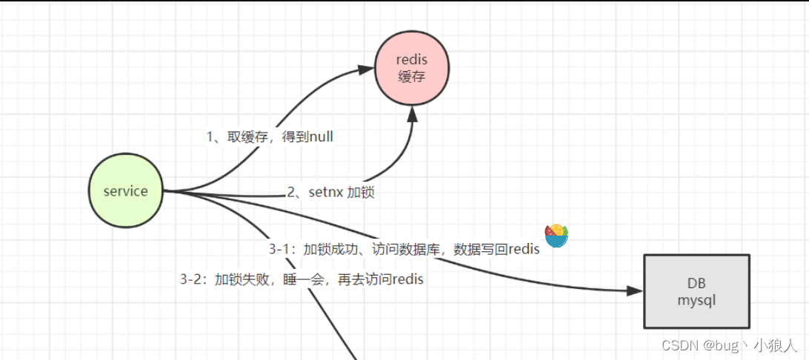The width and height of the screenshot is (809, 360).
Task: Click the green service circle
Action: point(125,191)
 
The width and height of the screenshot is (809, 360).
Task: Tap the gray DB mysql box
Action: point(696,291)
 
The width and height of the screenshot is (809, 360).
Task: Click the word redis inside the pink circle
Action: point(412,60)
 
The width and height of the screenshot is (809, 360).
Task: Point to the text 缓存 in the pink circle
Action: point(412,76)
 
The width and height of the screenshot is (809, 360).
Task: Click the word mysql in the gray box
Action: point(696,301)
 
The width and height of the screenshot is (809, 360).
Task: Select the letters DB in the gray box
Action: point(696,284)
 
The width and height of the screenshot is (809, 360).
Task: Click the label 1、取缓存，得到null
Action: point(275,137)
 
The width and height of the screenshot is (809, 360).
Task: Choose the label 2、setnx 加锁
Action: point(331,193)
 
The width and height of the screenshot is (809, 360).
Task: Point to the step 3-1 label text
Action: point(404,250)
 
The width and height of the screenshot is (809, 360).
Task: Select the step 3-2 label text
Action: point(302,280)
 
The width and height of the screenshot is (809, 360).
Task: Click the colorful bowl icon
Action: point(556,236)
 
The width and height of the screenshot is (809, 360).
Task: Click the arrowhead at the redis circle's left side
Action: point(366,70)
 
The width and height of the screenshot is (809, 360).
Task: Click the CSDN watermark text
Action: point(729,345)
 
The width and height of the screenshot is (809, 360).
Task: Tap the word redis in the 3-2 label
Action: point(407,280)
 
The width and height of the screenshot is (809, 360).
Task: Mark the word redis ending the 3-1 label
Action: point(524,250)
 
